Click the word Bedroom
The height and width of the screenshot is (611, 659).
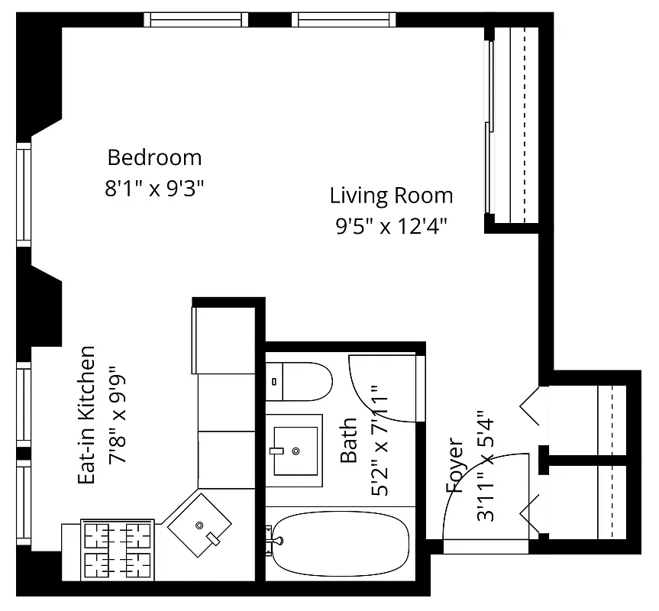point(154,158)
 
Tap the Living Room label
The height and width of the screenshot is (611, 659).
point(391,196)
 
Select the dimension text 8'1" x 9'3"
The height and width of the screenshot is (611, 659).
point(154,189)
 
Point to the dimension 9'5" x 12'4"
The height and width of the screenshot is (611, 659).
point(391,226)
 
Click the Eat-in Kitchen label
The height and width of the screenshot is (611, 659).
point(88,415)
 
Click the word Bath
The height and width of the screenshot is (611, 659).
point(348,440)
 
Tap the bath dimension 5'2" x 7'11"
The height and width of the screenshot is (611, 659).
point(380,446)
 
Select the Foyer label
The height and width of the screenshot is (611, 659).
point(454,465)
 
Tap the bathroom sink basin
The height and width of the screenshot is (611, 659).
point(294,450)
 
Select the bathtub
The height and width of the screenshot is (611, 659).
point(341,543)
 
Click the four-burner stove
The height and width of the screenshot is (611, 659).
point(117,550)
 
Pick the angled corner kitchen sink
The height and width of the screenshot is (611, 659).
point(199,525)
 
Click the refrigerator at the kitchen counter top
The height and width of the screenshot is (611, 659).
point(224,340)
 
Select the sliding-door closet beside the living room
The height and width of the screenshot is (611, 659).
point(513,126)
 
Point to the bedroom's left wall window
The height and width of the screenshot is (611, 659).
point(24,194)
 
